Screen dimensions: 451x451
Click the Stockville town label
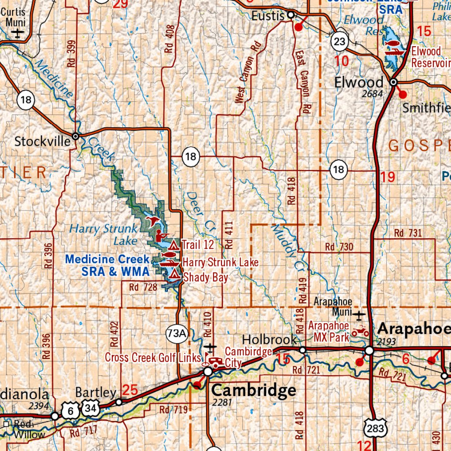coord(42,141)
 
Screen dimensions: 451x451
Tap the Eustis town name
coord(268,16)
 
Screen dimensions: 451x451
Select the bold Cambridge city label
coord(254,390)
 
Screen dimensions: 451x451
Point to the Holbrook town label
coord(269,340)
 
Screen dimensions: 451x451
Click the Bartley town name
coord(96,392)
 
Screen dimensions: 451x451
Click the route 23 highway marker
coord(340,42)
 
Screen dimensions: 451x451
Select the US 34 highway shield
coord(91,409)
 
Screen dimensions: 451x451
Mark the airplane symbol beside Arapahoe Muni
coord(360,315)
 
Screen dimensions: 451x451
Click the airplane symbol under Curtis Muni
coord(18,33)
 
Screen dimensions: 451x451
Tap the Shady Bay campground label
coord(205,277)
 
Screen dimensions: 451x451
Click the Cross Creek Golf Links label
coord(152,357)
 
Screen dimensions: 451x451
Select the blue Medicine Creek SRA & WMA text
coord(107,266)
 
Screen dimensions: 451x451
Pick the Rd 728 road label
coord(143,287)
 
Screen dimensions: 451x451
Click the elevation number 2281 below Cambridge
coord(222,403)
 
